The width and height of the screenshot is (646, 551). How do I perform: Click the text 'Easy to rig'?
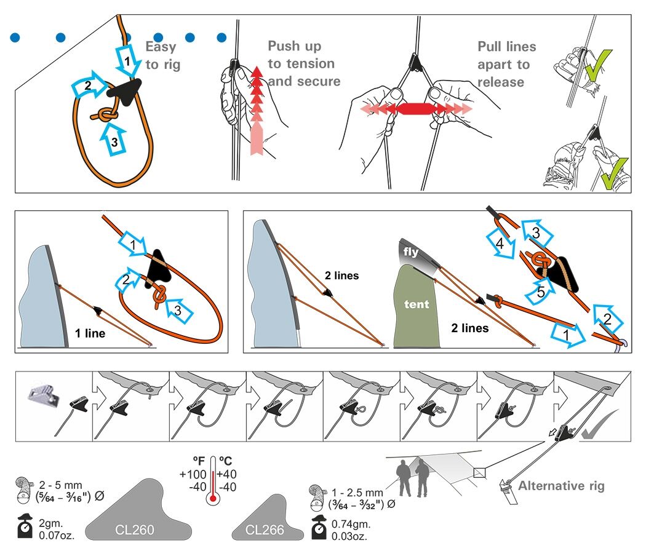click(162, 55)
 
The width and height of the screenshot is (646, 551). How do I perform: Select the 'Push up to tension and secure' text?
click(301, 63)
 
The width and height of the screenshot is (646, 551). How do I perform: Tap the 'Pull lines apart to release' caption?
click(506, 64)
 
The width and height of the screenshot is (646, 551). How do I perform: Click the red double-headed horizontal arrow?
click(417, 109)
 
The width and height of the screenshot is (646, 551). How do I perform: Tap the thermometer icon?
click(213, 479)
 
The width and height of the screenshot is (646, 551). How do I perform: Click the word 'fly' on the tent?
click(412, 252)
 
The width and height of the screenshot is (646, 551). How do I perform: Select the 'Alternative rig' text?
click(561, 486)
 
